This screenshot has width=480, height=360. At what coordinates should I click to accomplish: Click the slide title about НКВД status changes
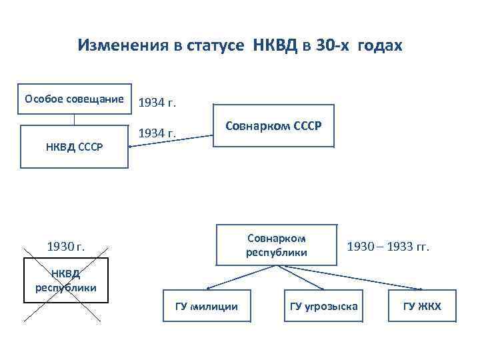click(240, 46)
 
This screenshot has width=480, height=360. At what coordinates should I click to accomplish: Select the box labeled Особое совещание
click(74, 99)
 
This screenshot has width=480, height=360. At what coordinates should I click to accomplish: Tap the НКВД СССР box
click(74, 147)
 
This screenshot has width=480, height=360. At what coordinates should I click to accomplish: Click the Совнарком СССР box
click(273, 125)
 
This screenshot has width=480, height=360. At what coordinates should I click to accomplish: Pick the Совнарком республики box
click(276, 245)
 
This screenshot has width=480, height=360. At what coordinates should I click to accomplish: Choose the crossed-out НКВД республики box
click(65, 280)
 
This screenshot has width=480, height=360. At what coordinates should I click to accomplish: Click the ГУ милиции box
click(206, 306)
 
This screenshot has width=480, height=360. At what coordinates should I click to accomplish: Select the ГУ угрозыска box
click(323, 306)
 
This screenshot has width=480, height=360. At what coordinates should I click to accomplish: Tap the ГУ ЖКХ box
click(421, 306)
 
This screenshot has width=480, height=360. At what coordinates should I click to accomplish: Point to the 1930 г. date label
click(65, 247)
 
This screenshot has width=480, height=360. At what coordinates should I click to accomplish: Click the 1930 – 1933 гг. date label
click(389, 247)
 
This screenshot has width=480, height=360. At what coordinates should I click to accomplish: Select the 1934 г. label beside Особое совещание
click(157, 103)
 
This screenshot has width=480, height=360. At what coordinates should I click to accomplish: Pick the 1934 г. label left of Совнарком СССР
click(157, 133)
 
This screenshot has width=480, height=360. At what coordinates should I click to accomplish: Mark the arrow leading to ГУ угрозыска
click(300, 277)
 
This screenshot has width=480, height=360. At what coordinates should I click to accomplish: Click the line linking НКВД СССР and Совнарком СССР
click(170, 142)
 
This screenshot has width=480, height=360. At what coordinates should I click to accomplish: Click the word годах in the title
click(380, 46)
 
